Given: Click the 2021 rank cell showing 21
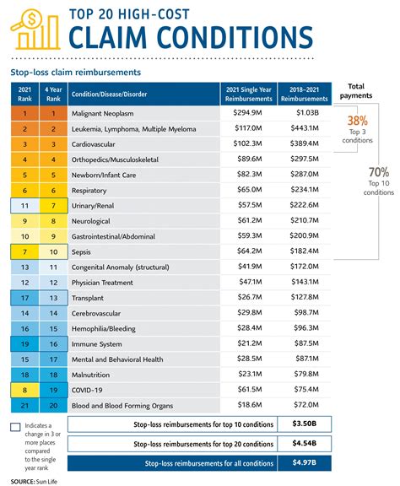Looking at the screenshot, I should tap(26, 405).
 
